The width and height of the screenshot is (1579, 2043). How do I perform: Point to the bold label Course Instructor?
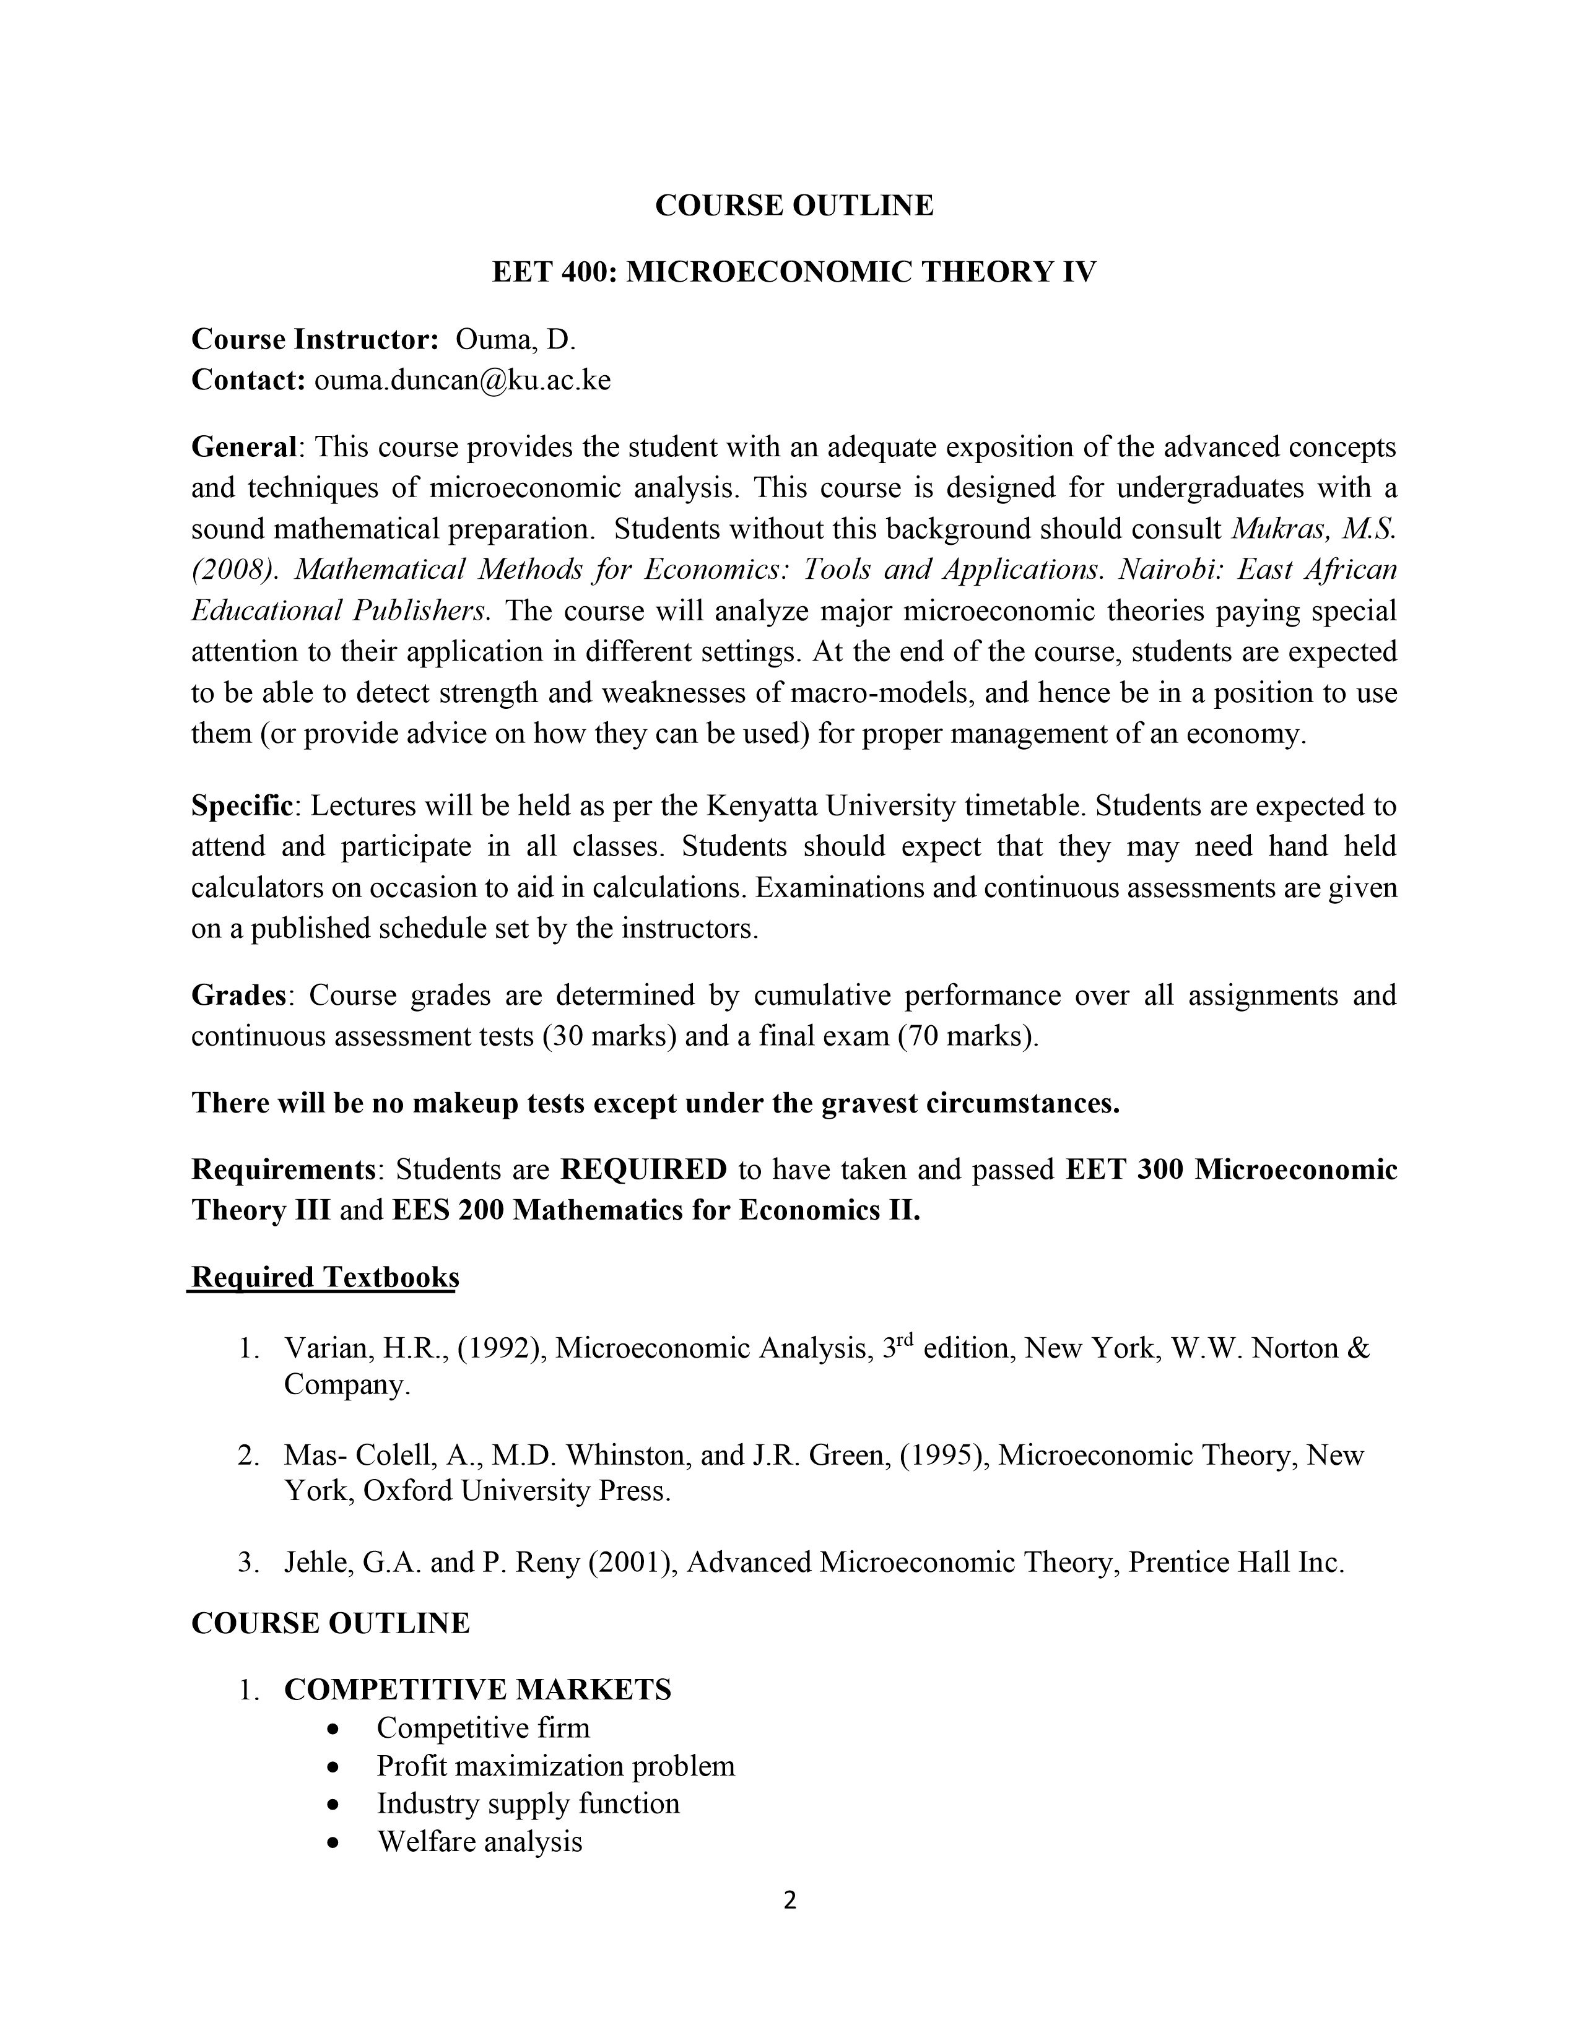pyautogui.click(x=315, y=339)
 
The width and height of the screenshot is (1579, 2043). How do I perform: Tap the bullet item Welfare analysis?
pyautogui.click(x=480, y=1842)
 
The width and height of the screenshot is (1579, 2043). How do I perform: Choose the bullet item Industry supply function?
pyautogui.click(x=529, y=1803)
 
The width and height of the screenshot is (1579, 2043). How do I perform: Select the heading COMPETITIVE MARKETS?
pyautogui.click(x=478, y=1689)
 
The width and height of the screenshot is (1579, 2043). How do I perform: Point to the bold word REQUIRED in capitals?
pyautogui.click(x=643, y=1169)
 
